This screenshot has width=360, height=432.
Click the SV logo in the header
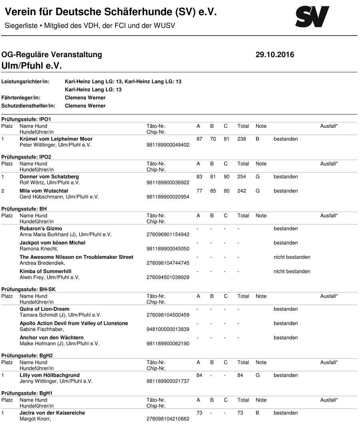(312, 17)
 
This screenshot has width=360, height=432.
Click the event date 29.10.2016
(274, 55)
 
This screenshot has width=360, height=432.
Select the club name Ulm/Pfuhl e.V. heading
(32, 66)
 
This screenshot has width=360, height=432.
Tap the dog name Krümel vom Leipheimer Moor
(56, 139)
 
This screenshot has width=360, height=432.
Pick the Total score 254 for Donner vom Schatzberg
(242, 176)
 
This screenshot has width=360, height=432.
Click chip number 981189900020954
(168, 197)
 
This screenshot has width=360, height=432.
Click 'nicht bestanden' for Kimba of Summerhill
(292, 271)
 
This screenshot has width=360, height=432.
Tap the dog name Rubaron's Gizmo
(41, 228)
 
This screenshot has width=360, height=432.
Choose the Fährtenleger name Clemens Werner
(85, 98)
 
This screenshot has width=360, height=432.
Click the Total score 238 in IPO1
(242, 139)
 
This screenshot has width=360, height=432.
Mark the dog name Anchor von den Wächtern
(52, 338)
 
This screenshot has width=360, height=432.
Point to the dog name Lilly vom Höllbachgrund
(50, 375)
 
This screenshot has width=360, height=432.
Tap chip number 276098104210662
(168, 419)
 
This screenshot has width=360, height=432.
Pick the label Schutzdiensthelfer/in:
(28, 106)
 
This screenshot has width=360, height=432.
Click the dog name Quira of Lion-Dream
(44, 309)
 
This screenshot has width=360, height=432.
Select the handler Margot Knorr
(35, 419)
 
